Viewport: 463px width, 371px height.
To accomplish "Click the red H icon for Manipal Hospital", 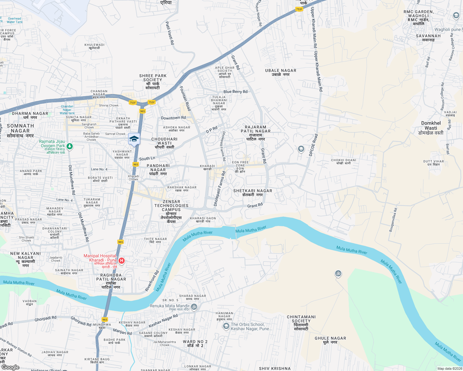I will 122,261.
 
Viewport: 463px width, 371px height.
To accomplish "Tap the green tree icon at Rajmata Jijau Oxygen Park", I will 70,146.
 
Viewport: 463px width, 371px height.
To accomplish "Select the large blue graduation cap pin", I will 134,139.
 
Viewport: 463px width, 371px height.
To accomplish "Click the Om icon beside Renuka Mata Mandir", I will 194,307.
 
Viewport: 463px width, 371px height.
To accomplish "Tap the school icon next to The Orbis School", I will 226,326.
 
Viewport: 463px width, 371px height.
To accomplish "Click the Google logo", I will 10,367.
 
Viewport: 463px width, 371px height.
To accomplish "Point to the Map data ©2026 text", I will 450,369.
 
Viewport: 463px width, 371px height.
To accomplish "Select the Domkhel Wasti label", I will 431,128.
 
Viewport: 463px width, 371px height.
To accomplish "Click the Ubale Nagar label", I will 281,72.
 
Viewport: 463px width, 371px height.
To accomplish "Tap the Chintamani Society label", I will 301,323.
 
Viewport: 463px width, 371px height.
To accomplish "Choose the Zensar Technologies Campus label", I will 171,211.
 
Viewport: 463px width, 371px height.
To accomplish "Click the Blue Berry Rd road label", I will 236,92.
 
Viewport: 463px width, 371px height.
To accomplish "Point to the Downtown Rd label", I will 173,118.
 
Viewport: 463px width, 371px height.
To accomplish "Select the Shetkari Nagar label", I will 253,193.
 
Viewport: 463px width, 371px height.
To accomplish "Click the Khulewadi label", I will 94,46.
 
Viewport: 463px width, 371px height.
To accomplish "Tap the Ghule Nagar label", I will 330,340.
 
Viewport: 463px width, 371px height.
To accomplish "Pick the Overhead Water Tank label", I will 15,20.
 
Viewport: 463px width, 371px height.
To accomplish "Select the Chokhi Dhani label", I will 344,161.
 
